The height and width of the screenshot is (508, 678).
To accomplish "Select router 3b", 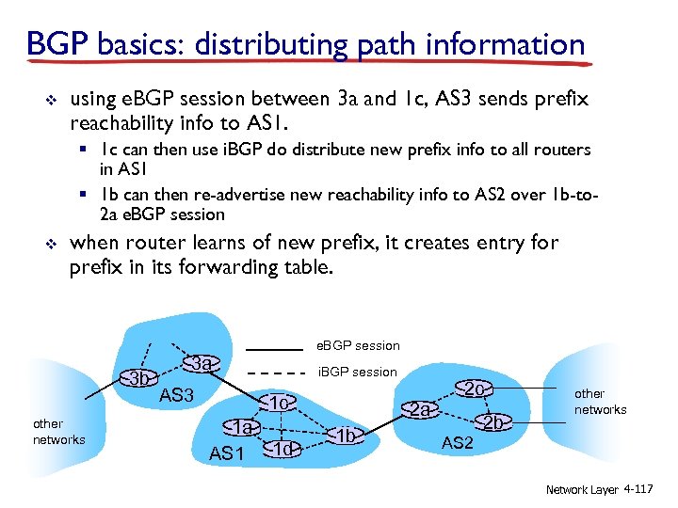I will point(140,379).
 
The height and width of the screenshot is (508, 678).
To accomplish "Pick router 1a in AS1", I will point(245,427).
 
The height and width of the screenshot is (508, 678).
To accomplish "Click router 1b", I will point(347,435).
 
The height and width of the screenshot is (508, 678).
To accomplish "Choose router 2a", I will point(420,410).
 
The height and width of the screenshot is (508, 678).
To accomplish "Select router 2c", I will point(475,389).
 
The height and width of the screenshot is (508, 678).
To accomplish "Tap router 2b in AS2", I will point(492,423).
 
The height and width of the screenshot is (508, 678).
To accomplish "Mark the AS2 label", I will point(457,443).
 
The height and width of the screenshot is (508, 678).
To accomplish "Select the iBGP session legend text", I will point(359,372).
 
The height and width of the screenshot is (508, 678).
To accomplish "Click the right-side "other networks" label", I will point(600,402).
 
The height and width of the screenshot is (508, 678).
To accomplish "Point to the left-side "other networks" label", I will point(58,432).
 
